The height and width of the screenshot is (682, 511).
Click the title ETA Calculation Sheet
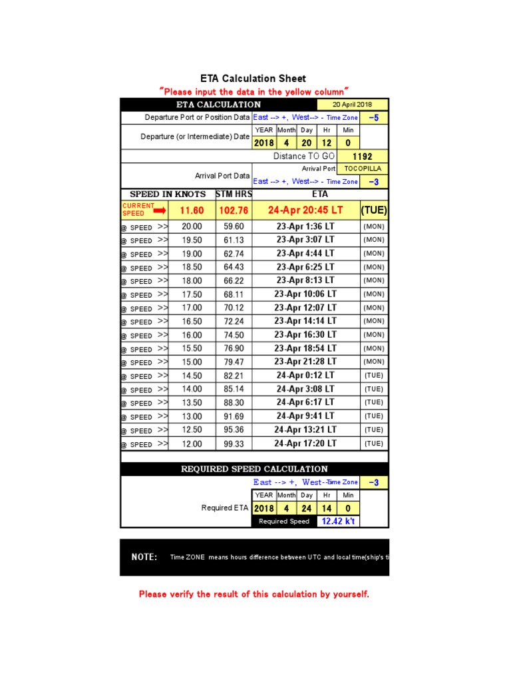click(x=254, y=79)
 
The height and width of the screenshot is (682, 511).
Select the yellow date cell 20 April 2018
click(x=353, y=105)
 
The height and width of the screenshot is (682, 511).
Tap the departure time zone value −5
click(x=374, y=117)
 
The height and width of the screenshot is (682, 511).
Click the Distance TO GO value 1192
click(x=363, y=156)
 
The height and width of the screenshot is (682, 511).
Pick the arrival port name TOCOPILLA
click(x=363, y=169)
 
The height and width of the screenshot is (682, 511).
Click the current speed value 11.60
click(x=192, y=210)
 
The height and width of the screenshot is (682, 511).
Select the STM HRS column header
click(x=234, y=194)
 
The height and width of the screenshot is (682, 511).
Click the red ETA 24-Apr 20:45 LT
click(x=305, y=210)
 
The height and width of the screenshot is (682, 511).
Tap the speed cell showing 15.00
click(x=192, y=362)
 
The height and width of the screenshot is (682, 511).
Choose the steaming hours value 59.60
click(x=234, y=226)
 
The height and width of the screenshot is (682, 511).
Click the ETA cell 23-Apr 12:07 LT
click(x=305, y=308)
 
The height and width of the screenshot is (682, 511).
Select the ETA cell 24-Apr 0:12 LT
click(x=305, y=375)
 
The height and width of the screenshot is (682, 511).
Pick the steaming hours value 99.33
click(x=234, y=444)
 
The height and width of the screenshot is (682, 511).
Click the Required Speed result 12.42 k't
click(x=338, y=521)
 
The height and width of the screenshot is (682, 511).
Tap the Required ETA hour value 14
click(x=327, y=508)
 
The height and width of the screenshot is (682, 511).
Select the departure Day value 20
click(x=306, y=143)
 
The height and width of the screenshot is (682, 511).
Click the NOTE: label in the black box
click(x=144, y=557)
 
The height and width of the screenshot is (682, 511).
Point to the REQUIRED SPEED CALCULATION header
click(x=254, y=469)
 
